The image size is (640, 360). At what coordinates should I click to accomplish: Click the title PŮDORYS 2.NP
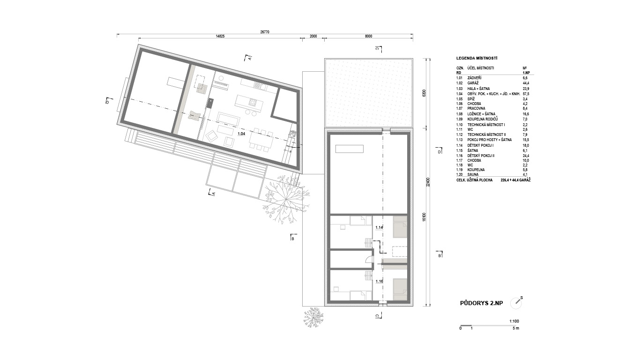tap(482, 303)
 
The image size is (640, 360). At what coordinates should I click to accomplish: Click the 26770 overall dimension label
tap(265, 32)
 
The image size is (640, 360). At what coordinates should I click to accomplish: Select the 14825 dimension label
tap(220, 36)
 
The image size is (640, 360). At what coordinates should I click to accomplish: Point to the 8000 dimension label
tap(369, 36)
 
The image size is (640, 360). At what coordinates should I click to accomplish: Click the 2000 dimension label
tap(313, 36)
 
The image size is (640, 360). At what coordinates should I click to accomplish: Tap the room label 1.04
tap(241, 134)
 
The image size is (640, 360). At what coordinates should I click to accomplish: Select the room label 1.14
tap(379, 228)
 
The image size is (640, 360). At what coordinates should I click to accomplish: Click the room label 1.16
tap(379, 281)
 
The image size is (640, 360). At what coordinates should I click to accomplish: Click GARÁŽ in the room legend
tap(473, 83)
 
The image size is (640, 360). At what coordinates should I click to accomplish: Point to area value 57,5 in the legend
tap(526, 94)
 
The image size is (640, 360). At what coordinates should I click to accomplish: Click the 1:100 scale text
tap(514, 321)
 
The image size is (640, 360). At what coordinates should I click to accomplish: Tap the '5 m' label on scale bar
tap(516, 328)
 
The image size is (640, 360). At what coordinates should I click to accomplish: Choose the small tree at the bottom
tap(313, 318)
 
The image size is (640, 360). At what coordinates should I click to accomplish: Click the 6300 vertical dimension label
tap(424, 93)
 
